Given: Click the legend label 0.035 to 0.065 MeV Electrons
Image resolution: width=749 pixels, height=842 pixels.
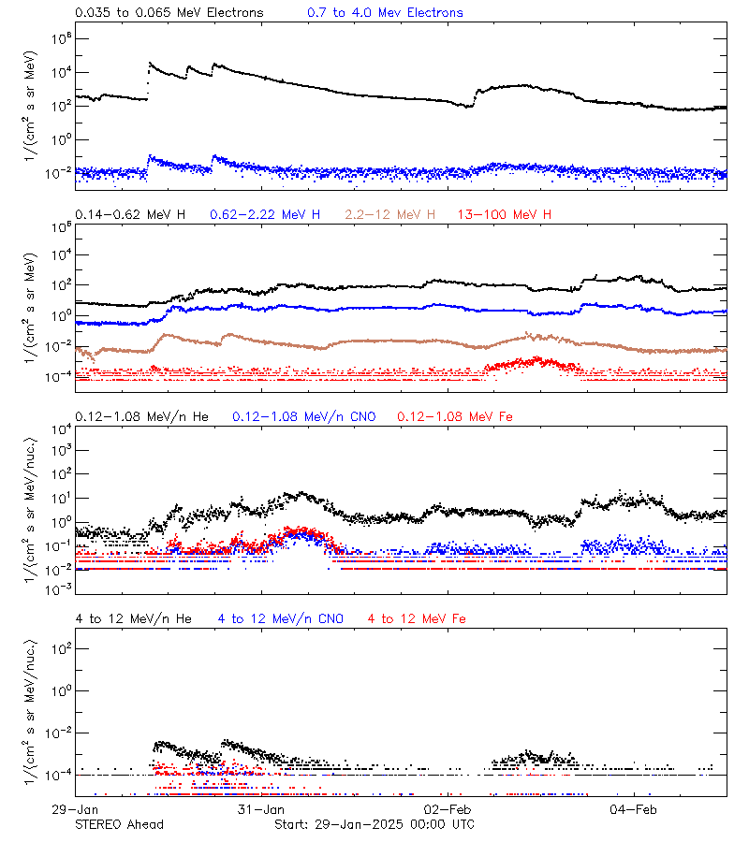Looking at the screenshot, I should point(169,12).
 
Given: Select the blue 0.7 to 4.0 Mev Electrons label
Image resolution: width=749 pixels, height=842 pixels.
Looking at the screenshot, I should point(385,12).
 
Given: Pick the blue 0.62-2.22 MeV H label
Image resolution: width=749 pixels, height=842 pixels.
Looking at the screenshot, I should point(265,215).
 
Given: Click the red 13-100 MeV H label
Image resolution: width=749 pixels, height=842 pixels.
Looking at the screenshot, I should point(505,215).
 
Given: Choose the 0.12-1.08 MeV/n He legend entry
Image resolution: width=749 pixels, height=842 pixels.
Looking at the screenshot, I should point(142,415).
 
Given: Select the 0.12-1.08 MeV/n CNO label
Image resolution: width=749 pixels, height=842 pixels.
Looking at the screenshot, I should point(303,415).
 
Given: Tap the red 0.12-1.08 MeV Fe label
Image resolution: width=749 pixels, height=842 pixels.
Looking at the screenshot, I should point(455,415).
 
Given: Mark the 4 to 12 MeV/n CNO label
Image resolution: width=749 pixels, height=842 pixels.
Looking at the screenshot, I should point(280,618).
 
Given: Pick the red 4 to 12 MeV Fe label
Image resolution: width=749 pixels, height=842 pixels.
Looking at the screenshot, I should point(417,618).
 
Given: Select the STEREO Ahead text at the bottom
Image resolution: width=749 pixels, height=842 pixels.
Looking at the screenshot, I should point(119,824).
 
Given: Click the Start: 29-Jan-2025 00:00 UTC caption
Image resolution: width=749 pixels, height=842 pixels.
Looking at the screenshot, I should point(374,824).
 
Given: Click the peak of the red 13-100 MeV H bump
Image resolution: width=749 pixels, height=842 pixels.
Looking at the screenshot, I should point(536,358).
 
